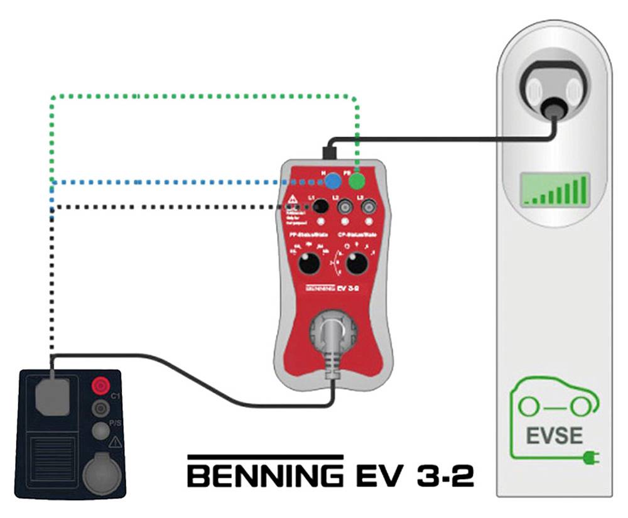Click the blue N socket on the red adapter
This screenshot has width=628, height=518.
(x=333, y=181)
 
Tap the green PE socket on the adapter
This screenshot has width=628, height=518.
(x=357, y=181)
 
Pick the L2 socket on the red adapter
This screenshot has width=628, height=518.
(x=345, y=206)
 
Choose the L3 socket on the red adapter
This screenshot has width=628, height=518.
(x=368, y=206)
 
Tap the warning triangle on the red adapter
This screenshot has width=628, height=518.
(x=292, y=202)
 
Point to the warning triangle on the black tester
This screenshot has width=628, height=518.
(x=115, y=443)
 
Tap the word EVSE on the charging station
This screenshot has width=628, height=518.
(x=555, y=435)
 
